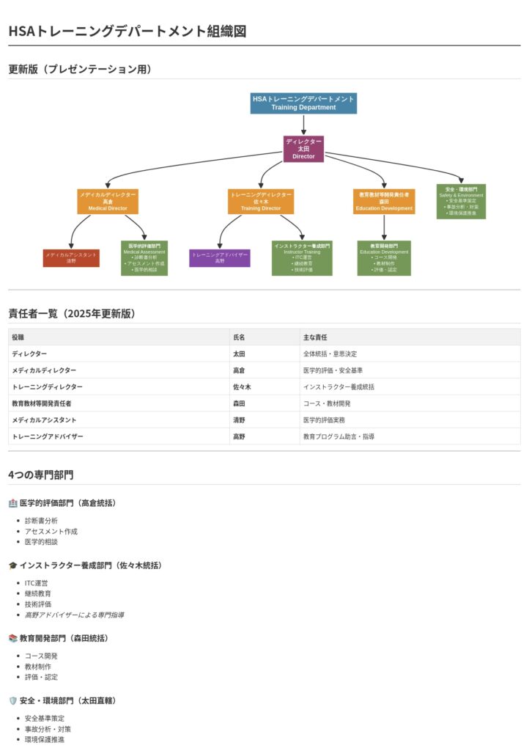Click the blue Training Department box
[x=303, y=103]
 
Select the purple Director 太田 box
[x=303, y=149]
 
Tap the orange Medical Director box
[x=108, y=202]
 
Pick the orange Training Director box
[x=261, y=202]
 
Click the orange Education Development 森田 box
[x=384, y=202]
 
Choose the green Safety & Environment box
[x=461, y=201]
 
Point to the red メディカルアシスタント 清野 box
[x=71, y=258]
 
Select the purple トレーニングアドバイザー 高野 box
[x=220, y=258]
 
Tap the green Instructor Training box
[x=302, y=258]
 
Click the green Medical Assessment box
[x=144, y=258]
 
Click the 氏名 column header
[x=240, y=337]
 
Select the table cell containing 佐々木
[x=242, y=387]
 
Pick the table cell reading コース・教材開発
[x=327, y=403]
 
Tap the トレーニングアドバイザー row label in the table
[x=48, y=436]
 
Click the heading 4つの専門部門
[x=41, y=475]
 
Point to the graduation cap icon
[x=12, y=565]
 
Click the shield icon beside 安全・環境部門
[x=12, y=701]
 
